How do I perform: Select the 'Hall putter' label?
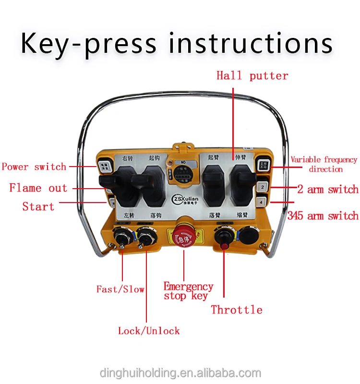tap(252, 76)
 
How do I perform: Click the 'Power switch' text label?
tap(34, 167)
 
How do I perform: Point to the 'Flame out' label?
tap(38, 188)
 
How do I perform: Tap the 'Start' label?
tap(38, 207)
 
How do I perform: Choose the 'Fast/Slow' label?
tap(120, 289)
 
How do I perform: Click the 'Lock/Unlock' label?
tap(149, 331)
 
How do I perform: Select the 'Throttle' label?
tap(237, 310)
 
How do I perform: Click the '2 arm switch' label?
tap(328, 190)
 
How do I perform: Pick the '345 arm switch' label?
tap(323, 216)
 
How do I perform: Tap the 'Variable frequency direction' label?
tap(324, 164)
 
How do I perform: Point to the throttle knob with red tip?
tap(224, 239)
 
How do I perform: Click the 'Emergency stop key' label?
tap(188, 291)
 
